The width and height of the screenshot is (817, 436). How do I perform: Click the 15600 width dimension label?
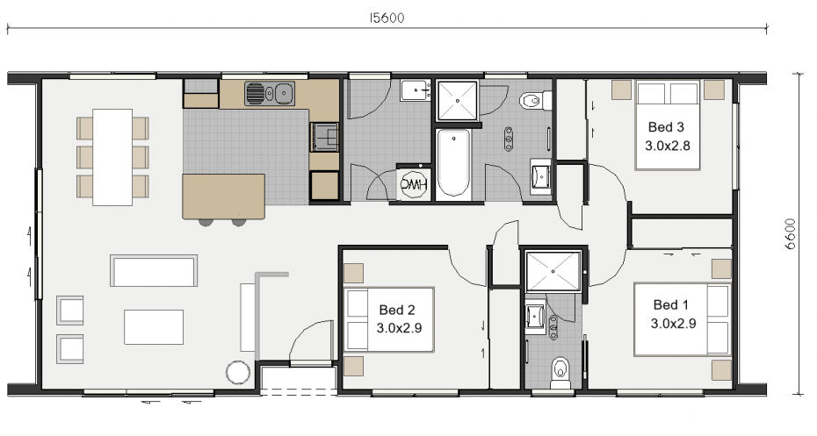387,18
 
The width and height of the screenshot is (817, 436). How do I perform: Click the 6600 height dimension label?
791,233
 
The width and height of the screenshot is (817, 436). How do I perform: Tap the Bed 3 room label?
666,127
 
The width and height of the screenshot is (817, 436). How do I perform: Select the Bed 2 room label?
397,310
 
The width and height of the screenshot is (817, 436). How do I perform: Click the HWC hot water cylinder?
414,183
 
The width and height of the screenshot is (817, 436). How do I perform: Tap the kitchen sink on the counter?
270,94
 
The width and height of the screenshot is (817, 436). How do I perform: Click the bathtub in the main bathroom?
453,163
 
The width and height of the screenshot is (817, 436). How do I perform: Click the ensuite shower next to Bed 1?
553,271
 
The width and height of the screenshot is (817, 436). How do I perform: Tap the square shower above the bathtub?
458,100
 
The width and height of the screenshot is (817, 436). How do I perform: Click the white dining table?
112,157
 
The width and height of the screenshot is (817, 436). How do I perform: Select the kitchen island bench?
223,197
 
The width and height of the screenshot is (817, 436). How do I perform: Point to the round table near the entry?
238,373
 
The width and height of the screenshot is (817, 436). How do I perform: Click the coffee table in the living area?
154,326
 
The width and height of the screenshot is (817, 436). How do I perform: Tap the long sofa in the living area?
154,270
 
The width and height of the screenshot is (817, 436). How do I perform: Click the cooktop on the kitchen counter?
324,137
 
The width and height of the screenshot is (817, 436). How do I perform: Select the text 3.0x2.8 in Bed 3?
668,146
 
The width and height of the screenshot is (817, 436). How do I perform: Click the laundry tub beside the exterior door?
416,90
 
